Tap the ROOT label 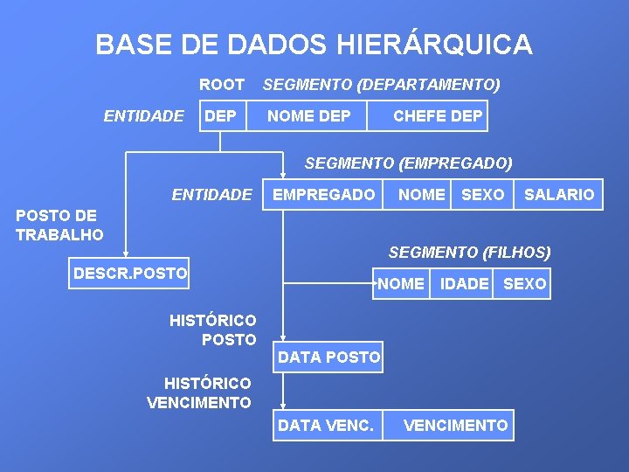tap(222, 85)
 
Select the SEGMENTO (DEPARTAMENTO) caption tap(382, 85)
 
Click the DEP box tap(220, 116)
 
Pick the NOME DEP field tap(309, 116)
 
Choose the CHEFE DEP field tap(438, 116)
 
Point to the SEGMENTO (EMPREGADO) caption tap(408, 163)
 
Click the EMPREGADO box tap(323, 195)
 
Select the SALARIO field tap(558, 195)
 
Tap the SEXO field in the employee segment tap(482, 195)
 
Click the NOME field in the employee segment tap(421, 195)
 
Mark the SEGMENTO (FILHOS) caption tap(469, 253)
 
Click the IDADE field tap(464, 284)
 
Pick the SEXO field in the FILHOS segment tap(524, 284)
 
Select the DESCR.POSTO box tap(130, 274)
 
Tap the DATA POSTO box tap(328, 357)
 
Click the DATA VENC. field tap(325, 426)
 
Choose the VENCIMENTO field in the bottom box tap(455, 426)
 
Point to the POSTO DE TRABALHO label tap(59, 226)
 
